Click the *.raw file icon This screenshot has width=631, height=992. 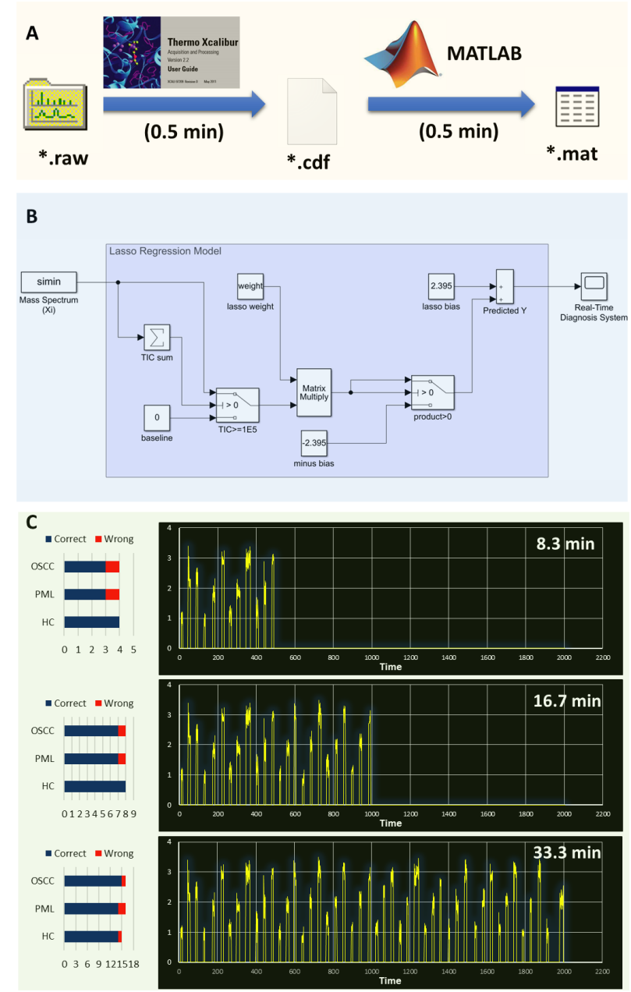click(53, 101)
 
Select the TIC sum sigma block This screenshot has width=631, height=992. click(156, 338)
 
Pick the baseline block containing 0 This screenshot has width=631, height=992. click(157, 417)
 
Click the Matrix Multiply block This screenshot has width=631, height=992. click(314, 391)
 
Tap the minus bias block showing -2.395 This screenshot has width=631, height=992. click(314, 443)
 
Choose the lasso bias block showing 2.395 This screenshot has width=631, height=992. click(441, 285)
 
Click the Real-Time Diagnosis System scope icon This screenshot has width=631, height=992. click(594, 285)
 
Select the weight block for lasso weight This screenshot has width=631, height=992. click(250, 285)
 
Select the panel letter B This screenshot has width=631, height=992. click(32, 216)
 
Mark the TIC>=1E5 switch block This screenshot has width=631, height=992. click(238, 399)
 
